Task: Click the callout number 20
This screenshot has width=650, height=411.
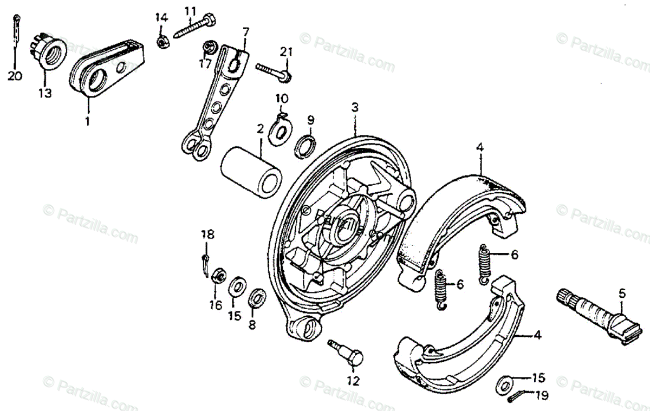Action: click(x=15, y=76)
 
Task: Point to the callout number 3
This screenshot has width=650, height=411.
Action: click(x=355, y=107)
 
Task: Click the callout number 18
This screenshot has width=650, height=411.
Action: click(x=208, y=234)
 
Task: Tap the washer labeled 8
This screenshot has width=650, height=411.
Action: click(x=257, y=298)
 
